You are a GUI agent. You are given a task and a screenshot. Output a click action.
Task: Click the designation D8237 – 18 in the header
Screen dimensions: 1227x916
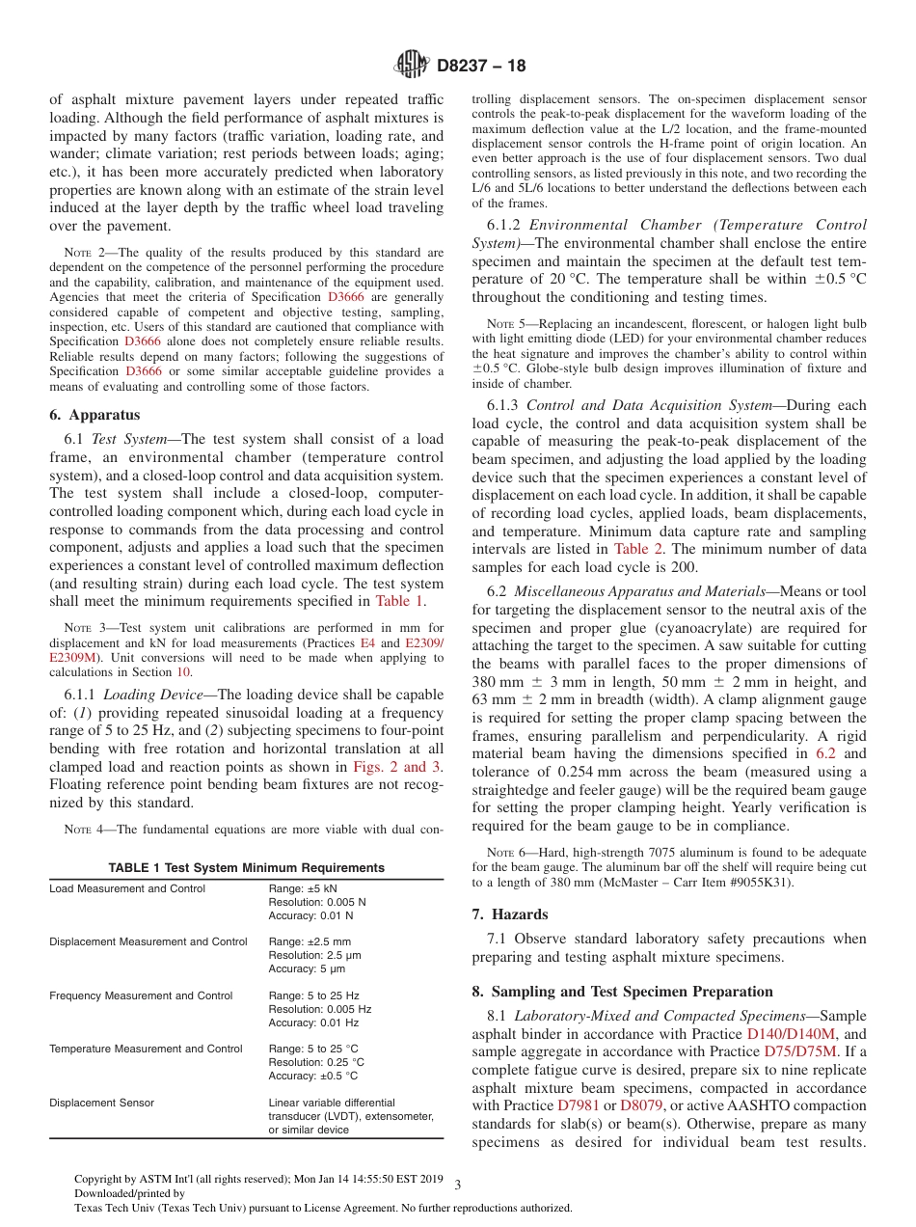[x=481, y=67]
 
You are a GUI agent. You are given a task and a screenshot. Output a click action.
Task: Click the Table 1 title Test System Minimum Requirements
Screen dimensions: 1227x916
[x=246, y=867]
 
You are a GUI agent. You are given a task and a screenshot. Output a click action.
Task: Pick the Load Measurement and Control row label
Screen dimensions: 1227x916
[x=127, y=888]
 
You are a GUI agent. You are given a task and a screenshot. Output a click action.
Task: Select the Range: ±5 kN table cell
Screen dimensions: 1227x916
[x=303, y=888]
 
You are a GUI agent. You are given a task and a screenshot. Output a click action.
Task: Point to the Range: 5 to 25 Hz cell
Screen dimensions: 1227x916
[x=313, y=995]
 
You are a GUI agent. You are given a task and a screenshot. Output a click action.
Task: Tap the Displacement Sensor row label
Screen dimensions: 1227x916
[x=101, y=1103]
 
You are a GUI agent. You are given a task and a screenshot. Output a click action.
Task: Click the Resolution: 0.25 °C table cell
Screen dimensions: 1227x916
[x=316, y=1062]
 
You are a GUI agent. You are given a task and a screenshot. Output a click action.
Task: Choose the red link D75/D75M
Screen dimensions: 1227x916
[x=800, y=1051]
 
